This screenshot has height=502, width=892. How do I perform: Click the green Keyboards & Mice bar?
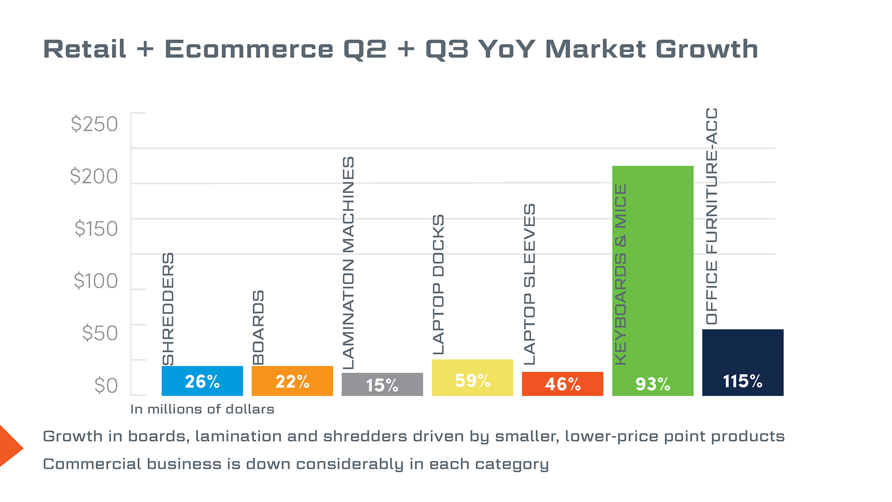point(652,279)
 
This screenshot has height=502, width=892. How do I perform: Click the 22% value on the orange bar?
point(292,382)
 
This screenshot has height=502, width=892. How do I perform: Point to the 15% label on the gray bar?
point(382,385)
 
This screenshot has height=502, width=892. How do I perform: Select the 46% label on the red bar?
point(563,384)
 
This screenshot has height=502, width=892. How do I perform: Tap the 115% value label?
point(742,381)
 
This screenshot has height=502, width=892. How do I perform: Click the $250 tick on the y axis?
point(94,124)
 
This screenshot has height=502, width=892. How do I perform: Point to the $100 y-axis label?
point(96,281)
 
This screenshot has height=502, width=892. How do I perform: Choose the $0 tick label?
point(106,385)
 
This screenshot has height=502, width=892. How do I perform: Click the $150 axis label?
point(96,228)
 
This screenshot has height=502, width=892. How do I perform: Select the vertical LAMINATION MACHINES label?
point(348,263)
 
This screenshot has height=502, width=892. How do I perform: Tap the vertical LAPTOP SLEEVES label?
point(530,284)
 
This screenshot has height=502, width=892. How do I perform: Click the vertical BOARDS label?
point(258,327)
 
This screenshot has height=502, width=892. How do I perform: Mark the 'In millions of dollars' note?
point(202,409)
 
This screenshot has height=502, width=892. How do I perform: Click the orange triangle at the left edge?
point(9,446)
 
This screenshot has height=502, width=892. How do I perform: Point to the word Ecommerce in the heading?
point(249,49)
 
